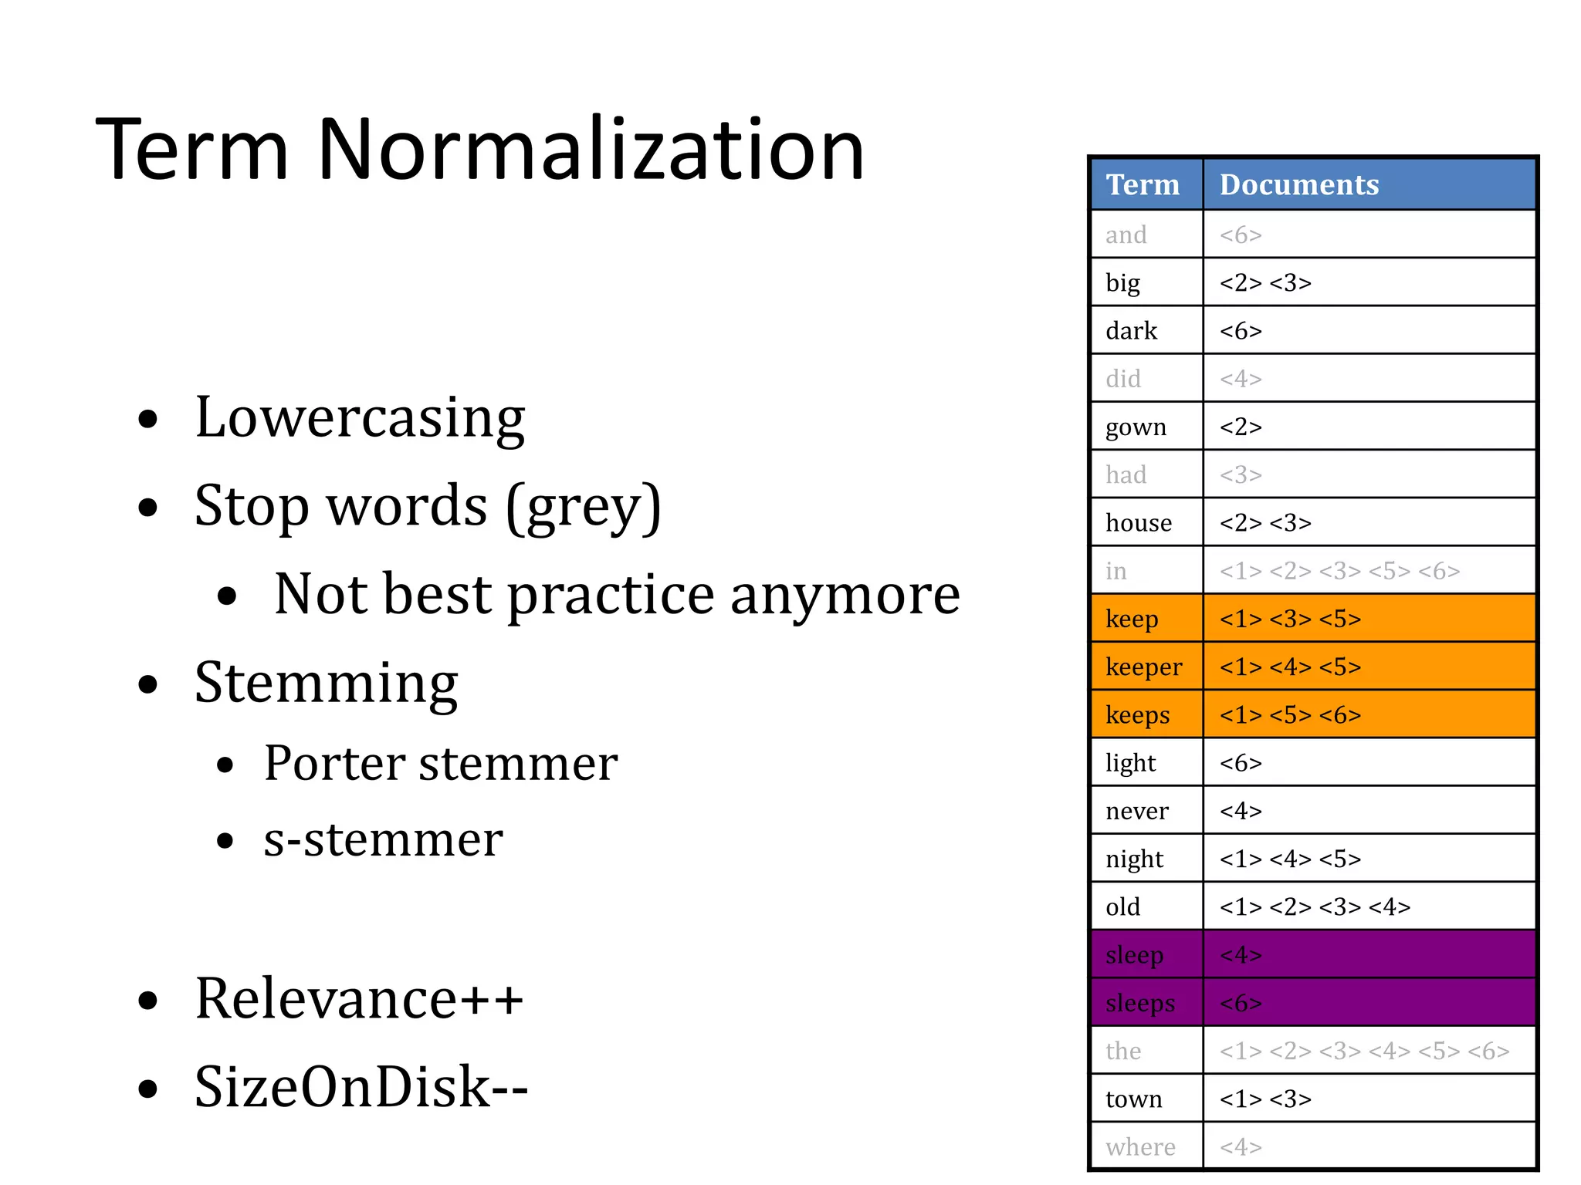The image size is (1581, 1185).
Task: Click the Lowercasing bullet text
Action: (360, 417)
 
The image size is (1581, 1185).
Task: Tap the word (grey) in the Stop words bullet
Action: (584, 507)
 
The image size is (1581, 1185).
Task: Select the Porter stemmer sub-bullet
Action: (440, 764)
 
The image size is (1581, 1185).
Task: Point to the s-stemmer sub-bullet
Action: (383, 839)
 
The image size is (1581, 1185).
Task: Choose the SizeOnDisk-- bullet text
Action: (361, 1086)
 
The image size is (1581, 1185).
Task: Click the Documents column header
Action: (1298, 184)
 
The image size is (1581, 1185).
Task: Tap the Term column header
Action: (1143, 184)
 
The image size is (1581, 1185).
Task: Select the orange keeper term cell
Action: (1144, 667)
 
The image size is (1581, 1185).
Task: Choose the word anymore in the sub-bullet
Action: (845, 595)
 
